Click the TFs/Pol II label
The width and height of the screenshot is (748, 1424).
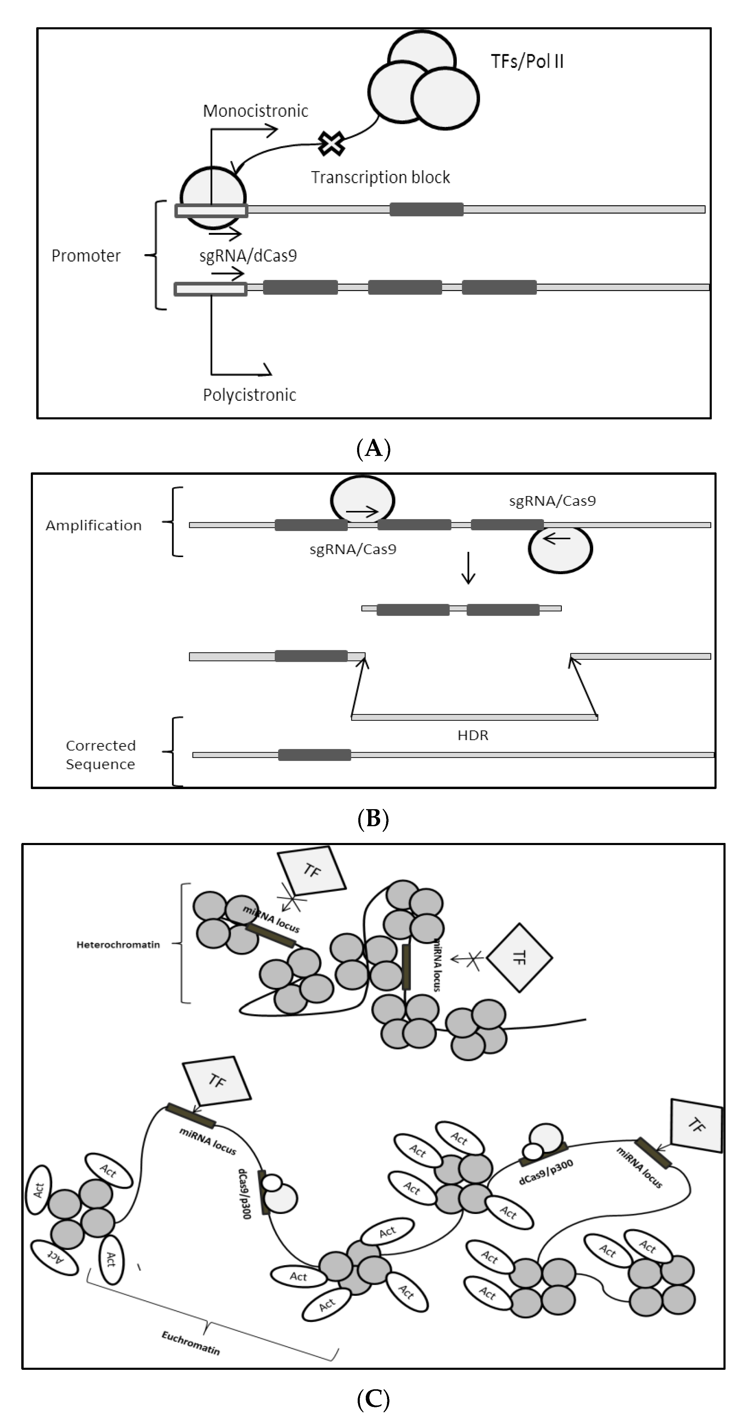click(527, 61)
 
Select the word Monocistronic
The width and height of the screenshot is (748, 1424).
click(255, 111)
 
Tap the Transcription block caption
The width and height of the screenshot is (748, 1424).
click(380, 178)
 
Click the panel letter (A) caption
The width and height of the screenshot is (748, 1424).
click(374, 448)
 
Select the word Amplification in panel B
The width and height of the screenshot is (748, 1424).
click(93, 525)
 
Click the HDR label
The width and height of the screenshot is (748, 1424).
click(473, 735)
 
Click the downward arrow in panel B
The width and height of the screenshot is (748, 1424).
click(468, 568)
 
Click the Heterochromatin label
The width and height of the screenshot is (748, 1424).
click(118, 945)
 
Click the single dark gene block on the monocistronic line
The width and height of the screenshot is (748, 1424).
click(426, 209)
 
